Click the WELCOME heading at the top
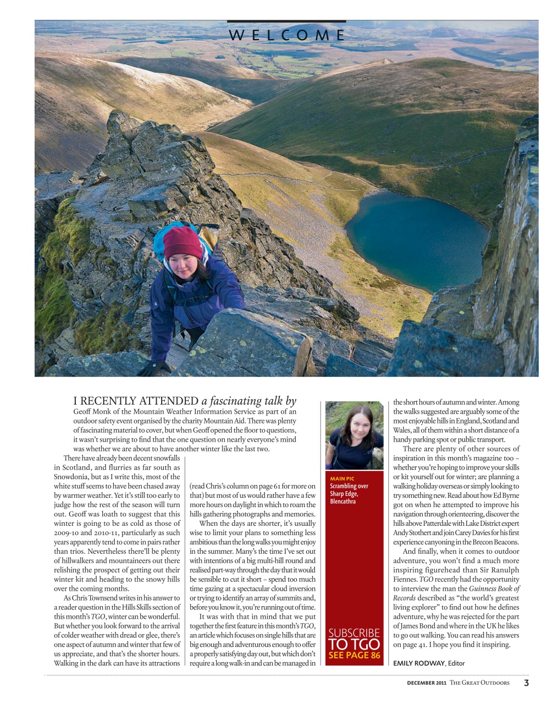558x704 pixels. coord(286,35)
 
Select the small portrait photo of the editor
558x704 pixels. coord(354,436)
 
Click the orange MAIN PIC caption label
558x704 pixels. coord(342,479)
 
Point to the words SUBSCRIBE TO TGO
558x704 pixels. coord(354,639)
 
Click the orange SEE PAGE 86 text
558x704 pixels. coord(354,655)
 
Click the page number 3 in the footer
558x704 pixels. coord(526,683)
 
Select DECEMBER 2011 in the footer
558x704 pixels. coord(426,683)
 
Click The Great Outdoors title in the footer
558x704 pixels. coord(479,683)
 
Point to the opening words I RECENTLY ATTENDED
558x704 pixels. coord(136,401)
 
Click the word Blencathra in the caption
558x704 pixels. coord(342,501)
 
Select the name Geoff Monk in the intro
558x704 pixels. coord(91,411)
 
